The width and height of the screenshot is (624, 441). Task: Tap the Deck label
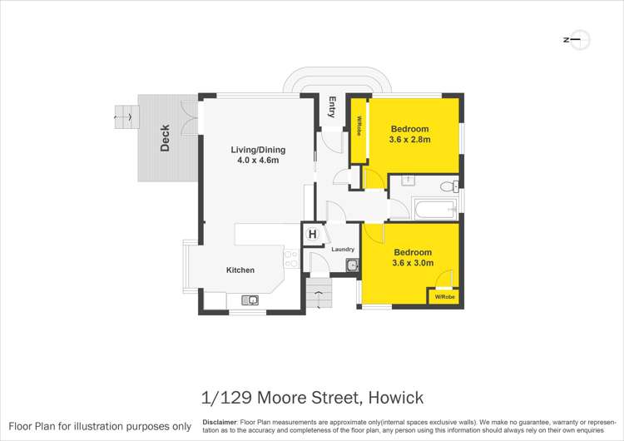tap(165, 138)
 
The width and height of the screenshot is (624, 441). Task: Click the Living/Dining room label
tap(258, 150)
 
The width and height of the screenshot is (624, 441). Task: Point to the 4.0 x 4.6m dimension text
tap(258, 161)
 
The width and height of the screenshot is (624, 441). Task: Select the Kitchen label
tap(240, 270)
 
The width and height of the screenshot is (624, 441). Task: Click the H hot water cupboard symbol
tap(312, 235)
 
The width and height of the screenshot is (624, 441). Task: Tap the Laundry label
tap(343, 250)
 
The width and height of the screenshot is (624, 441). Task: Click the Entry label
tap(332, 107)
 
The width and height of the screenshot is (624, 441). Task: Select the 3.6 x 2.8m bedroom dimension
tap(410, 140)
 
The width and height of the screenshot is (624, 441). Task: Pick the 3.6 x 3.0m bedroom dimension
tap(413, 263)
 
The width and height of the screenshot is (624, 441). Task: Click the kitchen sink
tap(250, 299)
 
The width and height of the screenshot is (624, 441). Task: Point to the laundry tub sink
tap(352, 265)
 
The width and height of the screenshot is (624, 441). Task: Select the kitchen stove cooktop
tap(290, 258)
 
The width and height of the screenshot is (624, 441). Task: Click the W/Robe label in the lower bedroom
tap(442, 296)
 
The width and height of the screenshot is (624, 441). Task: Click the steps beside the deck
tap(126, 116)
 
